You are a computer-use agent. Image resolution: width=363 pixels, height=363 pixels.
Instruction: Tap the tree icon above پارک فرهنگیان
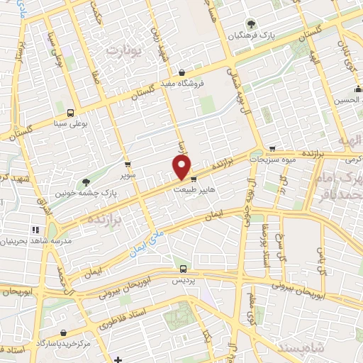247,23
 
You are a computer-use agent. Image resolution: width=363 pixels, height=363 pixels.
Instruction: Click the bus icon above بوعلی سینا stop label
69,112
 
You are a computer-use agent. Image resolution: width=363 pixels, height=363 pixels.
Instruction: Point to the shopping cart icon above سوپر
127,164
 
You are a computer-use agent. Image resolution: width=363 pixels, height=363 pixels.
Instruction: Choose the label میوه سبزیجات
272,160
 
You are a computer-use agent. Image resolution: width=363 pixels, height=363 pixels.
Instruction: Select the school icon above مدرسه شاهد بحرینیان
35,230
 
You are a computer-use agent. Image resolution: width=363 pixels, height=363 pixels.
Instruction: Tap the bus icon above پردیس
184,269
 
